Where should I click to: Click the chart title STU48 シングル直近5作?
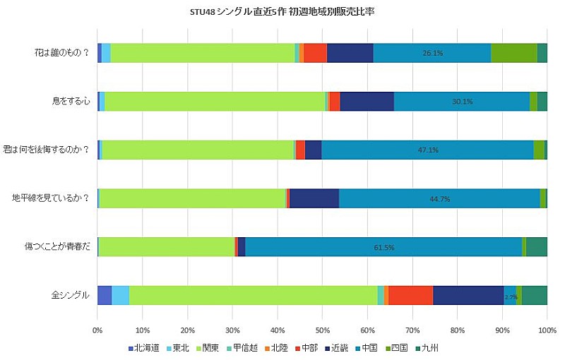click(x=282, y=11)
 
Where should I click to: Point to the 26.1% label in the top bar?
click(x=432, y=53)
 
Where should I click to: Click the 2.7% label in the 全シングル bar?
click(x=511, y=297)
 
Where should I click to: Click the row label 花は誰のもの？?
click(x=62, y=53)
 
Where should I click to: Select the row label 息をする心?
click(x=71, y=102)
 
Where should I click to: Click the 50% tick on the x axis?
click(x=323, y=330)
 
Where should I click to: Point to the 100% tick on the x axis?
click(x=547, y=330)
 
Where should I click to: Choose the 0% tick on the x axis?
click(x=97, y=330)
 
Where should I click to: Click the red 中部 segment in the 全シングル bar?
click(x=410, y=295)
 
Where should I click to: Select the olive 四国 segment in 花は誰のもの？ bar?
click(x=513, y=53)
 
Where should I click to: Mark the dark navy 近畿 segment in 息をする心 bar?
click(x=367, y=102)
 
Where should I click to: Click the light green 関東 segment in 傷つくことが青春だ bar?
click(x=166, y=246)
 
